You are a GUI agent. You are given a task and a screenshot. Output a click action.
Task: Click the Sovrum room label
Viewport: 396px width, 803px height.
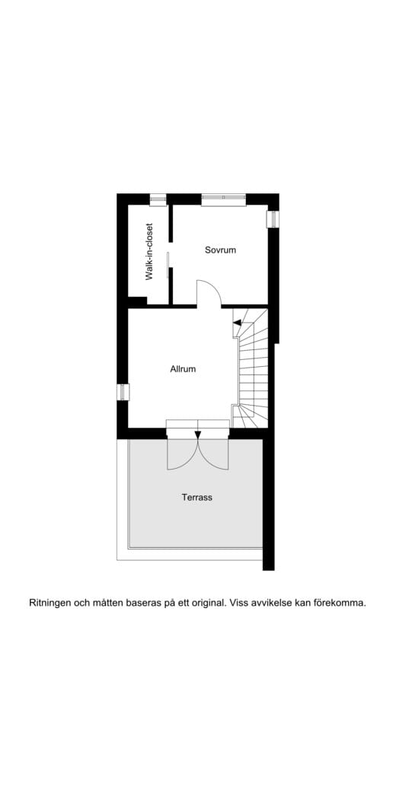coord(220,250)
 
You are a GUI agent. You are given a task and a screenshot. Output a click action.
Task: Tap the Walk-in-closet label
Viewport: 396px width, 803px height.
coord(149,251)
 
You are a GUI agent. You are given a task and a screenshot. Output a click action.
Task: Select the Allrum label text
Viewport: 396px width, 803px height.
coord(183,368)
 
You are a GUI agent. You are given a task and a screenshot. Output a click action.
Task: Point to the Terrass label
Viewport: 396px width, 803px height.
coord(196,497)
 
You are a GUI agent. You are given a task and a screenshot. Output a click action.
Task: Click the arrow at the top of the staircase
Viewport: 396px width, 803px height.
coord(237,322)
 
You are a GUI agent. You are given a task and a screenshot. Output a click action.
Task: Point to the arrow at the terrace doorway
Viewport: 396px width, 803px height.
coord(198,435)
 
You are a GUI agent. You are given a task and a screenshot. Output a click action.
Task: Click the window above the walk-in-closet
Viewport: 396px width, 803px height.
coord(158,199)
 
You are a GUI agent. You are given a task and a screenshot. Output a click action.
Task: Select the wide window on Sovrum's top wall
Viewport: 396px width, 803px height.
coord(223,199)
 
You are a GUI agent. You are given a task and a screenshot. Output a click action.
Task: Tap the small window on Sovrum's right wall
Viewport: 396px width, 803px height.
coord(273,219)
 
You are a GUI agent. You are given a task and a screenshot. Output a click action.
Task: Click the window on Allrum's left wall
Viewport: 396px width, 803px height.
coord(123,392)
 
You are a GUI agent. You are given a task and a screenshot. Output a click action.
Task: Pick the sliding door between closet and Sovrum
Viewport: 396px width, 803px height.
coord(168,266)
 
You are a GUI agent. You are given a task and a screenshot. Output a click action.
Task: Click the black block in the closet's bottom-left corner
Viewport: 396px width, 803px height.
coord(137,301)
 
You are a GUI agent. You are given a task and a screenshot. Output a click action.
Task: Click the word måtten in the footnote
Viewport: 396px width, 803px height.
coord(107,603)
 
